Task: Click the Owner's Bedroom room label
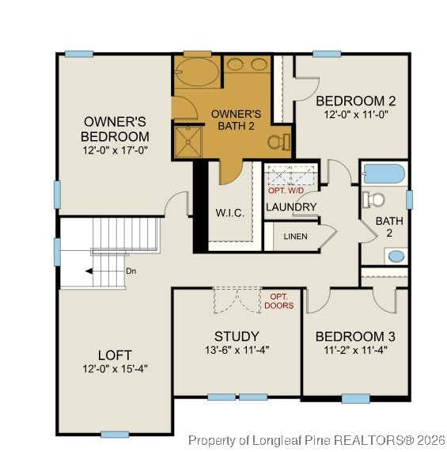(116, 129)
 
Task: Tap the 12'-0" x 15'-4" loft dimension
(115, 369)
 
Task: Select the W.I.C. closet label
(229, 214)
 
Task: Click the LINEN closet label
(295, 236)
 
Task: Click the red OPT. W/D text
(286, 191)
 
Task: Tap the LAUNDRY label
(291, 207)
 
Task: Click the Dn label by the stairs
(131, 271)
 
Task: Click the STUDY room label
(237, 336)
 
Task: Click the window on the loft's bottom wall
(115, 434)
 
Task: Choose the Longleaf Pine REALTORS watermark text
(313, 440)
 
